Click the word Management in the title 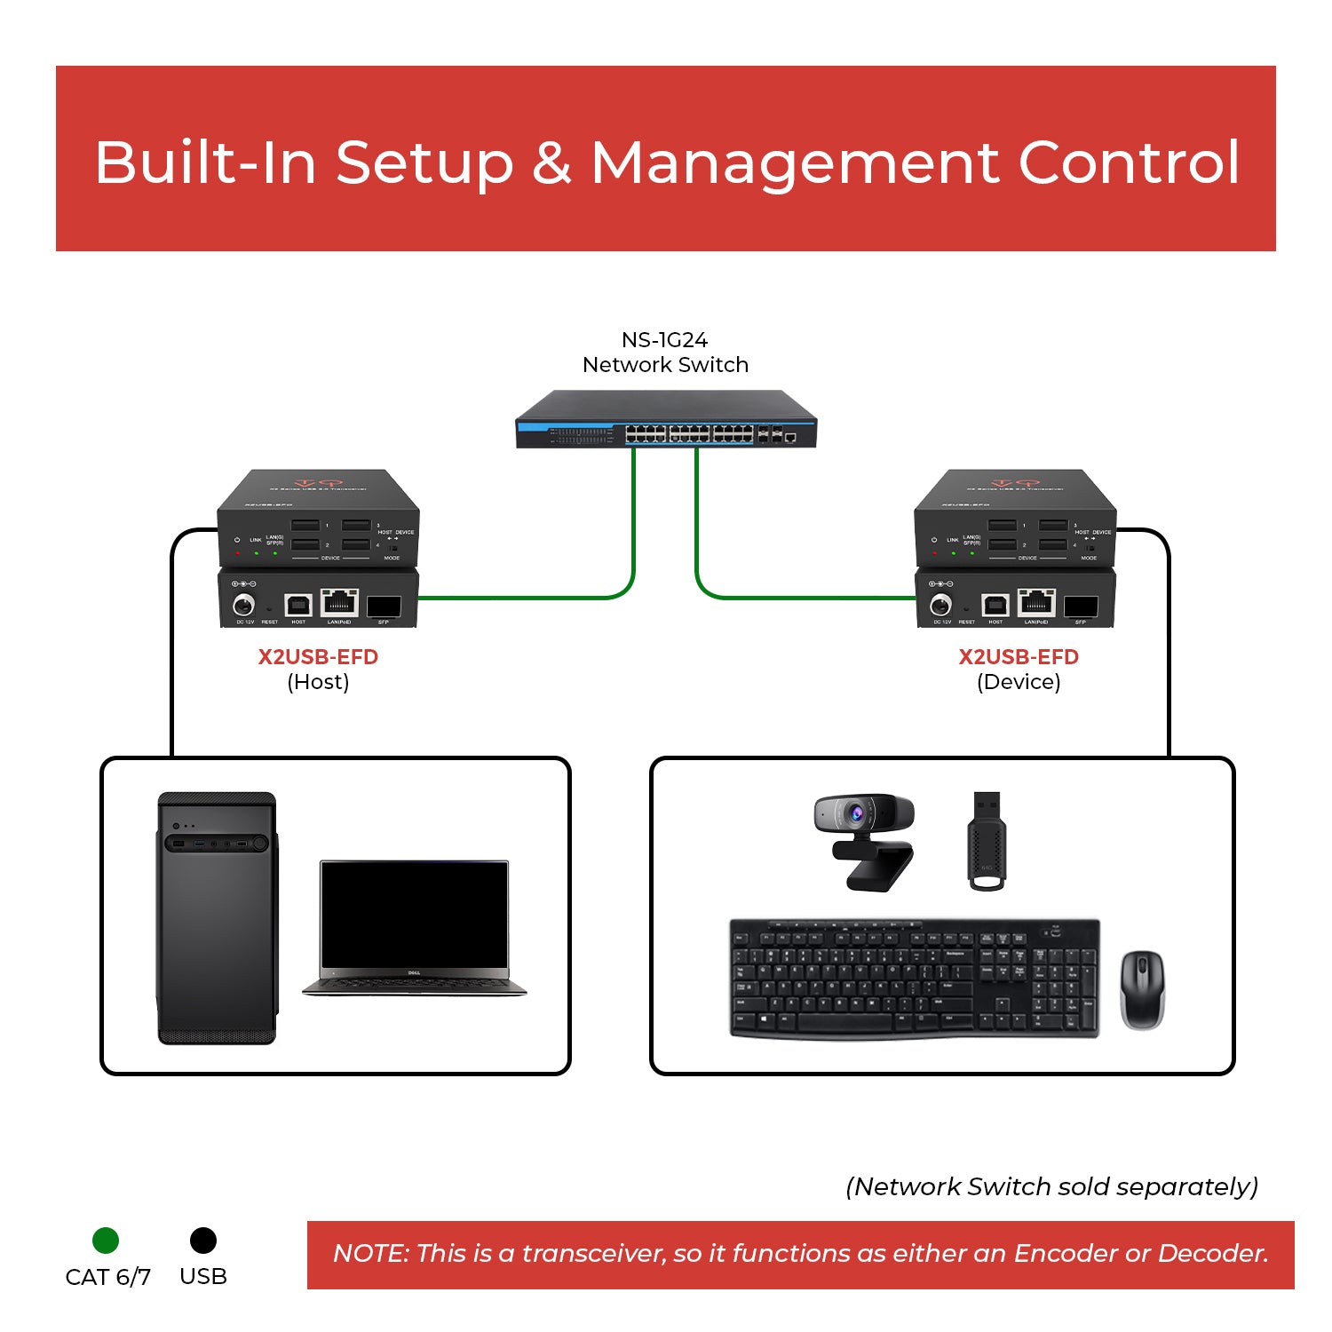(796, 163)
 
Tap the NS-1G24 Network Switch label (665, 353)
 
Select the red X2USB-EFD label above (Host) (318, 657)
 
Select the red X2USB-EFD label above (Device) (1019, 657)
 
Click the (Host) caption (318, 682)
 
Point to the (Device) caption (1019, 682)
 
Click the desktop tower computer (217, 918)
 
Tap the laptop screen (415, 915)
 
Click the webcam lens (855, 812)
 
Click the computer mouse (1142, 989)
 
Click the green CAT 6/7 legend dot (106, 1241)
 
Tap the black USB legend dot (203, 1241)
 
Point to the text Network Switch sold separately (1052, 1187)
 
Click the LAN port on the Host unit (338, 603)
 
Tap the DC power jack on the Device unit (940, 606)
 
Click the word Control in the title (1129, 163)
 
